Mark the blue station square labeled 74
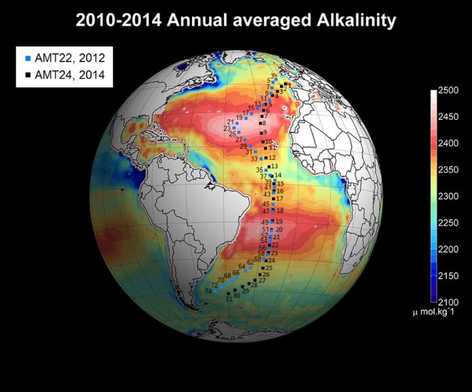[x=214, y=291]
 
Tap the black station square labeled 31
[x=229, y=294]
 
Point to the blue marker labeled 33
[x=262, y=159]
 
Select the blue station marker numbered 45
[x=273, y=205]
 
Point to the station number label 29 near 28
[x=246, y=290]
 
